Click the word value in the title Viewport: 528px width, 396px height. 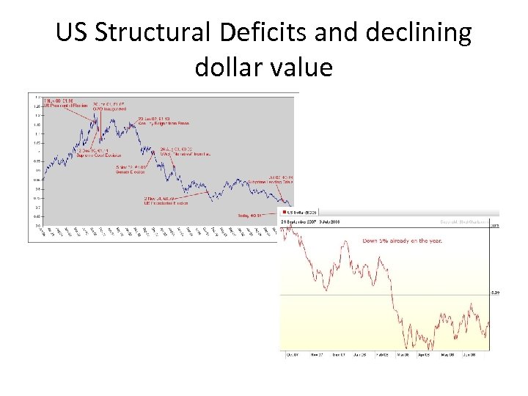pyautogui.click(x=301, y=67)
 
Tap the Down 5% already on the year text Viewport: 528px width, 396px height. pyautogui.click(x=403, y=240)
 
